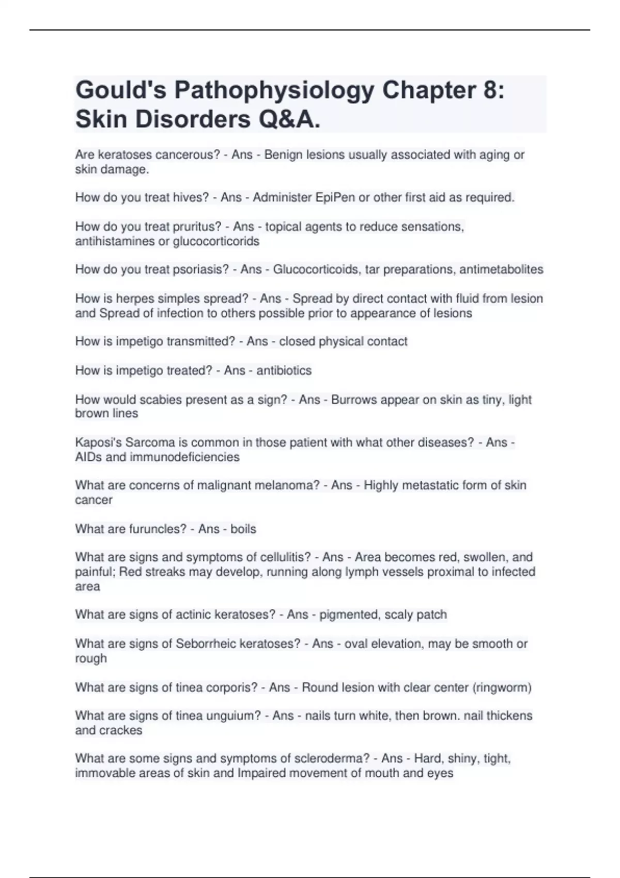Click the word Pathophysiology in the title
point(274,91)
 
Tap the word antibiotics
point(284,370)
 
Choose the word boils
point(243,529)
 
